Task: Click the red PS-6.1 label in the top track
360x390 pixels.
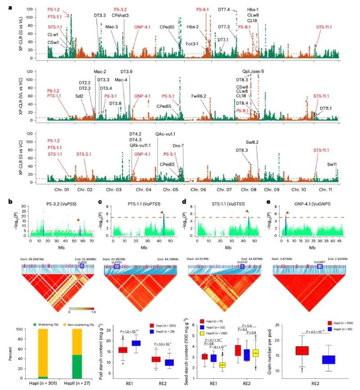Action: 202,9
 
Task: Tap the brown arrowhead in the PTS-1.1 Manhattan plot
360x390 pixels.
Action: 162,213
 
